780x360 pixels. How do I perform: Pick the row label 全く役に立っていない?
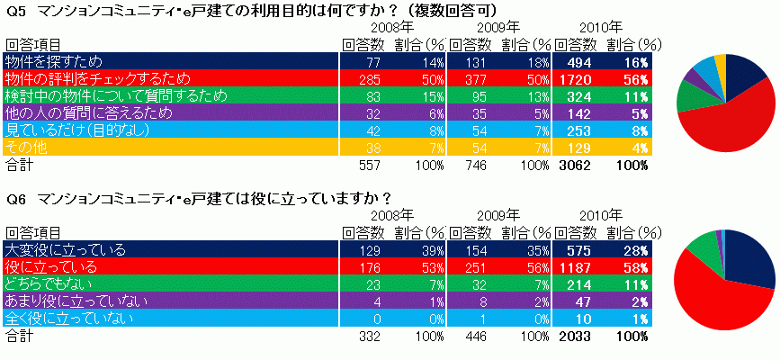pyautogui.click(x=70, y=318)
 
